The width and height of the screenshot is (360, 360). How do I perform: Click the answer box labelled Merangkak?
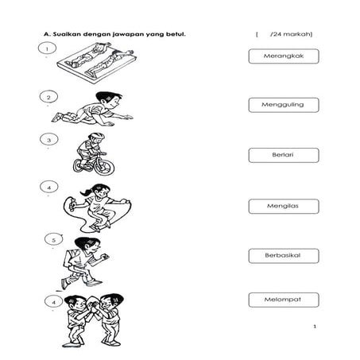[x=284, y=56]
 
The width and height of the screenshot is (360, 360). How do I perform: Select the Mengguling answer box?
[x=284, y=105]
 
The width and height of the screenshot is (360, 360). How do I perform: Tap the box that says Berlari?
[x=284, y=155]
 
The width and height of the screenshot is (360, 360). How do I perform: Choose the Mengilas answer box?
[x=284, y=206]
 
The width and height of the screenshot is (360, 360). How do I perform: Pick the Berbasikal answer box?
[x=284, y=256]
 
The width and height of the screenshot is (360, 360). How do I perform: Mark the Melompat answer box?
[x=284, y=300]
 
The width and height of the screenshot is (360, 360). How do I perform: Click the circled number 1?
[x=47, y=48]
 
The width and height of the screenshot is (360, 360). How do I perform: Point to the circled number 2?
[x=48, y=97]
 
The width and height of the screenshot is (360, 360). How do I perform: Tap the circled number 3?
[x=48, y=139]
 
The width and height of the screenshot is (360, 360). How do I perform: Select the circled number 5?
[x=53, y=240]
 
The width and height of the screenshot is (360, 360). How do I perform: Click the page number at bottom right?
[x=315, y=327]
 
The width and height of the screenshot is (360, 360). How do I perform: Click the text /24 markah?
[x=291, y=34]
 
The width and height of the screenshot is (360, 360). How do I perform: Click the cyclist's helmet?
[x=96, y=136]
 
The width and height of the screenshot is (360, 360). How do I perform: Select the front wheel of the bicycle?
[x=104, y=167]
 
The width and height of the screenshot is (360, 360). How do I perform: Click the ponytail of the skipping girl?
[x=86, y=192]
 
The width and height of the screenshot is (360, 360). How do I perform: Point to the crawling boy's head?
[x=109, y=100]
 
